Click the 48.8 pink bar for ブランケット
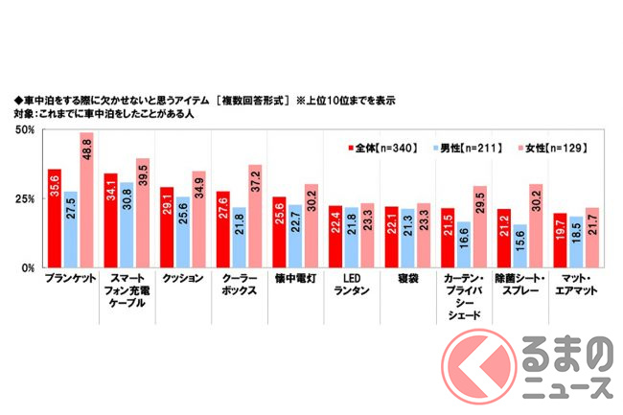click(86, 201)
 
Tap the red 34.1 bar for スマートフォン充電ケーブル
click(110, 221)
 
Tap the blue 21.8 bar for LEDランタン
click(351, 239)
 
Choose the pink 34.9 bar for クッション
click(198, 220)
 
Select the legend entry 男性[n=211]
click(465, 148)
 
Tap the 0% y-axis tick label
click(28, 270)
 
